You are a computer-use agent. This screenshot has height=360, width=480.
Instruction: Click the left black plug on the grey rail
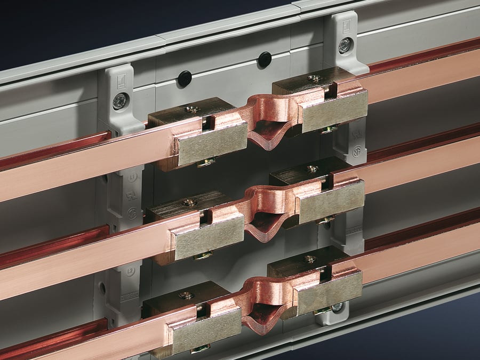pyautogui.click(x=184, y=78)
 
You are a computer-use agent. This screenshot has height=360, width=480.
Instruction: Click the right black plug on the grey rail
pyautogui.click(x=265, y=59)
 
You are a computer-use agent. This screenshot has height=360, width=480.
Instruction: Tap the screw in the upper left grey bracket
pyautogui.click(x=120, y=100)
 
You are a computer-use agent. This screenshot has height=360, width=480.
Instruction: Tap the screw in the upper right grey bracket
pyautogui.click(x=345, y=45)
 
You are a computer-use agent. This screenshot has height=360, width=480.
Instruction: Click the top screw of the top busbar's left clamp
pyautogui.click(x=192, y=110)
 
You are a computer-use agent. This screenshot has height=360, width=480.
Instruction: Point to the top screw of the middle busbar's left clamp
pyautogui.click(x=189, y=202)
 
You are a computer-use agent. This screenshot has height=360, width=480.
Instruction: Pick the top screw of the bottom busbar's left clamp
pyautogui.click(x=186, y=295)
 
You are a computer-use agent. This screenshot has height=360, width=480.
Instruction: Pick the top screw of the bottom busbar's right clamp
pyautogui.click(x=310, y=259)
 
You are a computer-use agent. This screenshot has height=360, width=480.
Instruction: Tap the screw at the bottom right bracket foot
pyautogui.click(x=337, y=307)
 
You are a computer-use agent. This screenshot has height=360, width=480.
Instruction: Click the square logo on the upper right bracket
pyautogui.click(x=345, y=25)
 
